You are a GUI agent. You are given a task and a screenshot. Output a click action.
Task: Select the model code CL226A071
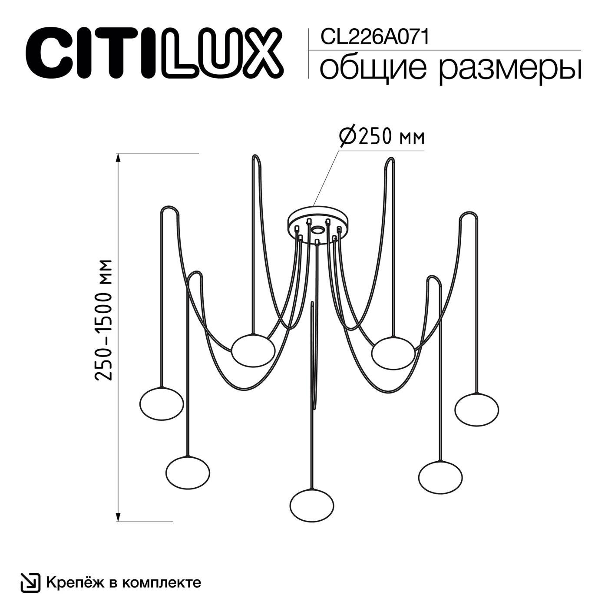374,37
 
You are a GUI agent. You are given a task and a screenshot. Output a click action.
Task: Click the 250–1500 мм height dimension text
105,320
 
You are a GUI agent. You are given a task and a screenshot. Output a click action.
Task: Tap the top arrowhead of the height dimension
118,157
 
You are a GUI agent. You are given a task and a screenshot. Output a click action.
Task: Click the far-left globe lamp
162,403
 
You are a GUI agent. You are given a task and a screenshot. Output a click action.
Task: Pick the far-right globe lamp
477,410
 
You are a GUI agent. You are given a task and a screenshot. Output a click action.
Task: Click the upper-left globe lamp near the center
253,350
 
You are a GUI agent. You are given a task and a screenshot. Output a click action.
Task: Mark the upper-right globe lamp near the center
393,352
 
